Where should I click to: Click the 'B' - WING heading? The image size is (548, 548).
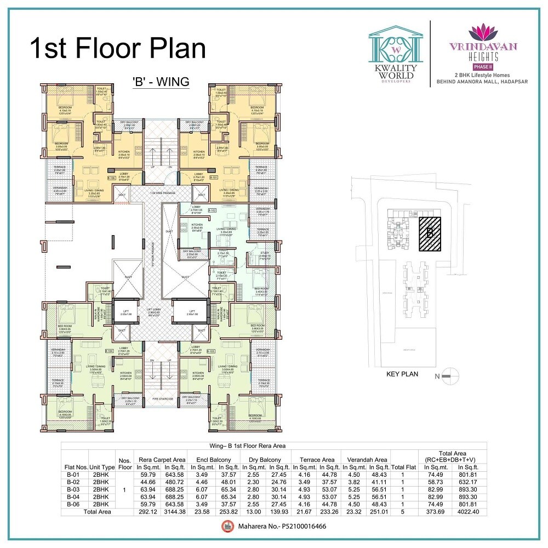pos(161,82)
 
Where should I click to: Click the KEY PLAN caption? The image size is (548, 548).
pos(402,374)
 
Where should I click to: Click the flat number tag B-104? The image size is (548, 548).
pos(109,349)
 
